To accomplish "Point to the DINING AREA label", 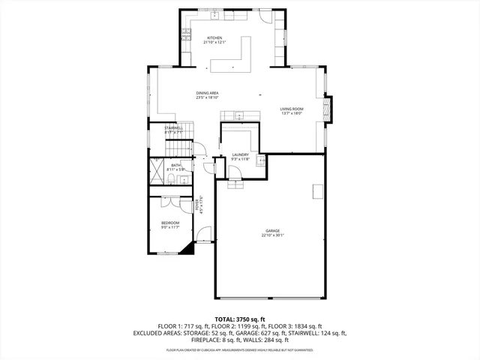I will tap(208, 93).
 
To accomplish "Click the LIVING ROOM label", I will tap(291, 109).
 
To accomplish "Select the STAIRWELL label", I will tap(174, 128).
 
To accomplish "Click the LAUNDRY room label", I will tap(239, 154).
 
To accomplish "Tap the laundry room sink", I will tap(262, 160).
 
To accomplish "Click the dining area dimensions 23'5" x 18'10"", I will tap(208, 97).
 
